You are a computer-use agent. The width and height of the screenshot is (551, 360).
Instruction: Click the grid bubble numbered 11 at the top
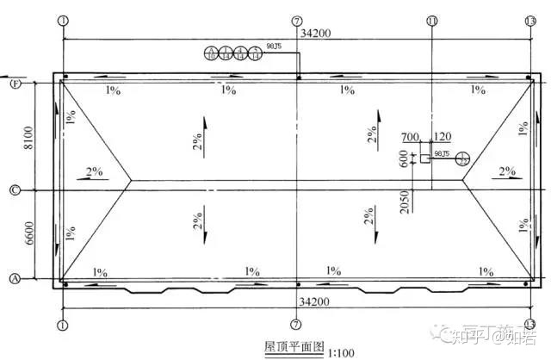pos(431,20)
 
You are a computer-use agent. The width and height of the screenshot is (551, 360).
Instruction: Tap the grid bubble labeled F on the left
pos(14,84)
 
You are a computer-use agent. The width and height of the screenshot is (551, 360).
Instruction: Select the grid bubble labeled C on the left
pos(14,190)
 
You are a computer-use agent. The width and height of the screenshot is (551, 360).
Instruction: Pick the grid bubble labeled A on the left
pos(14,278)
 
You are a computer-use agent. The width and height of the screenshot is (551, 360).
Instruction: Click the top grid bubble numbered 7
pos(297,20)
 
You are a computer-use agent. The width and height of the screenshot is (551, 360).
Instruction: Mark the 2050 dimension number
pos(416,199)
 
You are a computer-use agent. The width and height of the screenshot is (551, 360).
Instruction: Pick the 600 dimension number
pos(404,158)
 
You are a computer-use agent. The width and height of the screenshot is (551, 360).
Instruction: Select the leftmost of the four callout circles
pos(212,54)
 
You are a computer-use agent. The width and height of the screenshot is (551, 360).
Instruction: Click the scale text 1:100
pos(341,351)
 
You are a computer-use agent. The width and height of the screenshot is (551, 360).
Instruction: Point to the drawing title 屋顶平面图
pos(294,349)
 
